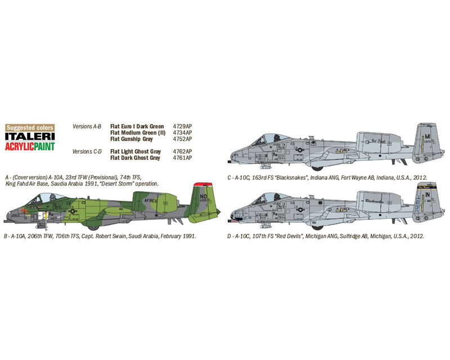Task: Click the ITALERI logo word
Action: [30, 136]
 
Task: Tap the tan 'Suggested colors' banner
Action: [30, 128]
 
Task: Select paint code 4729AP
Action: [182, 127]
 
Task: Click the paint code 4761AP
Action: [182, 157]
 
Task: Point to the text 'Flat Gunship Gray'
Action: [132, 139]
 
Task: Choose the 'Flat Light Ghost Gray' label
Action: [136, 151]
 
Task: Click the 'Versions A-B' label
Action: [87, 127]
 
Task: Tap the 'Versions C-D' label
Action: [87, 151]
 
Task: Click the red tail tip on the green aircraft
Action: [203, 184]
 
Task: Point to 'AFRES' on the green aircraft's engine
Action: [151, 200]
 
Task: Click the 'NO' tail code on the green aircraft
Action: [203, 197]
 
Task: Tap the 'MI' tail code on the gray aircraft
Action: [427, 137]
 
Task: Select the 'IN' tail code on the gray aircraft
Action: [427, 195]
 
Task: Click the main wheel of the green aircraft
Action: [93, 228]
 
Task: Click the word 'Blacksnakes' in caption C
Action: [290, 178]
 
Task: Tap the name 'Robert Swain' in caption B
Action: [110, 236]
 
